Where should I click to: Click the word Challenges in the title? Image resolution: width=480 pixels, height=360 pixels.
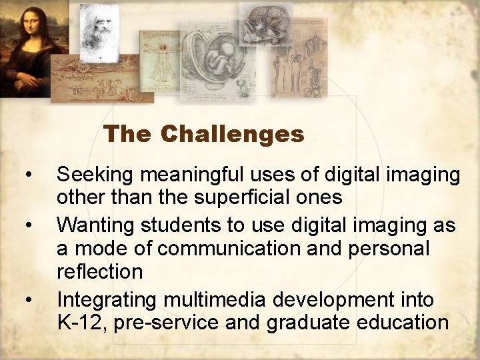point(232,134)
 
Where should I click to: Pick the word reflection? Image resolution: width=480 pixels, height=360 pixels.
point(100,271)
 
